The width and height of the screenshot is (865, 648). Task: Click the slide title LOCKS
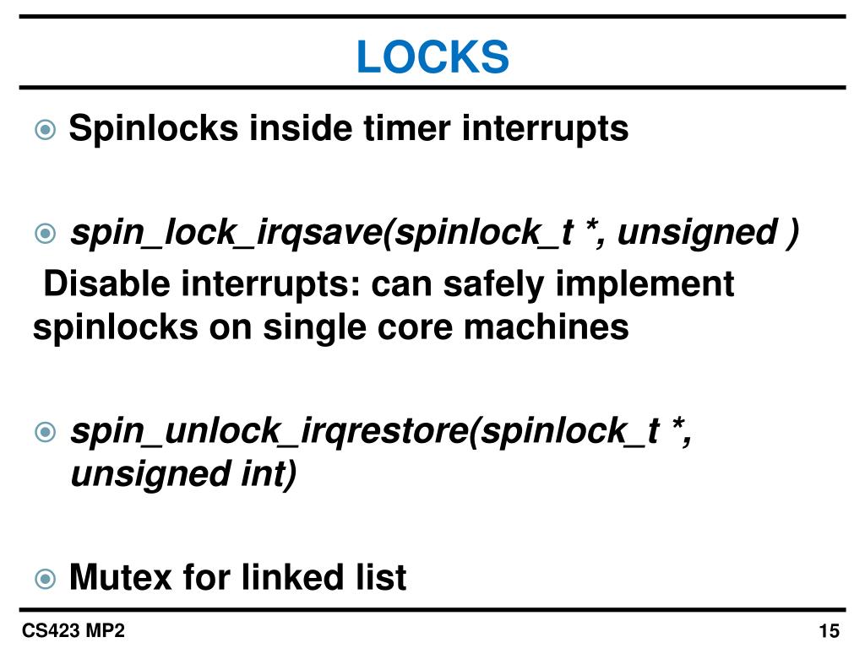point(432,57)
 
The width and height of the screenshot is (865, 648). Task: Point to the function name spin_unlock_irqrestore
point(269,433)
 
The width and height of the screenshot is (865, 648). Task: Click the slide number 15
point(828,631)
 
